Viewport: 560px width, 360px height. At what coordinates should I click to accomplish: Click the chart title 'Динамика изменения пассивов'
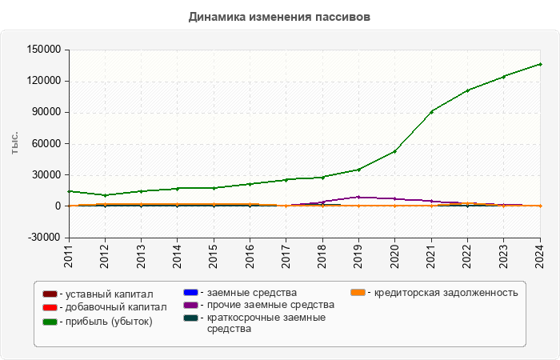(279, 16)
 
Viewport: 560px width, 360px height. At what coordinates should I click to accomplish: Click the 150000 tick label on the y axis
(43, 50)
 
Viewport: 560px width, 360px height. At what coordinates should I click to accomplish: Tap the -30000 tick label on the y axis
(43, 238)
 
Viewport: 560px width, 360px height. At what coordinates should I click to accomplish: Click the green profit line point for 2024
(539, 64)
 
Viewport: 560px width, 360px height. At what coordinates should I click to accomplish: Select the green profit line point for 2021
(431, 111)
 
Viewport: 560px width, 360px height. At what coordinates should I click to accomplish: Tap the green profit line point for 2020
(394, 151)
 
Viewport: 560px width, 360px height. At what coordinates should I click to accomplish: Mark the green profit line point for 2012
(105, 195)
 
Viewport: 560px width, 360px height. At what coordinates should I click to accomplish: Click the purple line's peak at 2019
(358, 197)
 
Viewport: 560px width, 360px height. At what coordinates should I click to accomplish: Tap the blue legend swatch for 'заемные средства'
(190, 292)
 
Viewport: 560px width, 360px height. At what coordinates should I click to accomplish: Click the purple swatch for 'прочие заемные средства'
(190, 305)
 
